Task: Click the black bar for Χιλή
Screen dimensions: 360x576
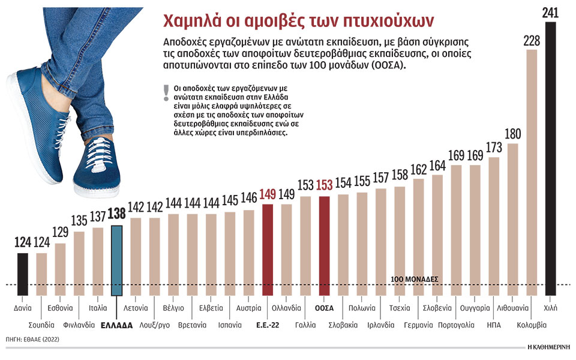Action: click(550, 159)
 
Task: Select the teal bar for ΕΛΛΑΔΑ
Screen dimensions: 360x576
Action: click(117, 260)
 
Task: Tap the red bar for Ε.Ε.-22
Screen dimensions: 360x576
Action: click(268, 250)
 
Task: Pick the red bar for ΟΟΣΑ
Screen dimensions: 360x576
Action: click(324, 246)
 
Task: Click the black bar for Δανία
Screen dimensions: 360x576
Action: click(22, 274)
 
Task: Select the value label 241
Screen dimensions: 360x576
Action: click(550, 13)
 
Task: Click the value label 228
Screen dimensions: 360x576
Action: click(531, 40)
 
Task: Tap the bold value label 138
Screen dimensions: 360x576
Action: click(117, 214)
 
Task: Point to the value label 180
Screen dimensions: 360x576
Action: click(512, 133)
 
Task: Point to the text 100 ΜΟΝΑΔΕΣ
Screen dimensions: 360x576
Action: click(415, 280)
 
